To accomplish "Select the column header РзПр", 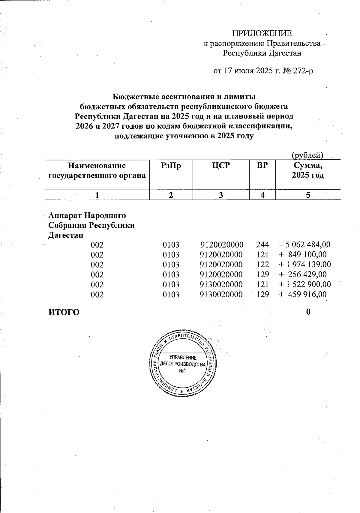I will pyautogui.click(x=171, y=165).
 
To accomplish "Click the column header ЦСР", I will pyautogui.click(x=221, y=165).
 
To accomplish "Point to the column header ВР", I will pyautogui.click(x=262, y=165).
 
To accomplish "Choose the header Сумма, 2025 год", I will pyautogui.click(x=308, y=170).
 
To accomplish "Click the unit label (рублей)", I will pyautogui.click(x=307, y=155).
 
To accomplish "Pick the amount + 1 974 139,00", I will pyautogui.click(x=305, y=265).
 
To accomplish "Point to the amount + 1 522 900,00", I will pyautogui.click(x=305, y=284).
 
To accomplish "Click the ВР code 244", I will pyautogui.click(x=262, y=244).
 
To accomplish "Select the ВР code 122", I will pyautogui.click(x=262, y=265).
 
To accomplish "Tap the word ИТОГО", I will pyautogui.click(x=64, y=312).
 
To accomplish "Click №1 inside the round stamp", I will pyautogui.click(x=183, y=371).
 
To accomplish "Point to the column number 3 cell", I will pyautogui.click(x=221, y=195).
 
